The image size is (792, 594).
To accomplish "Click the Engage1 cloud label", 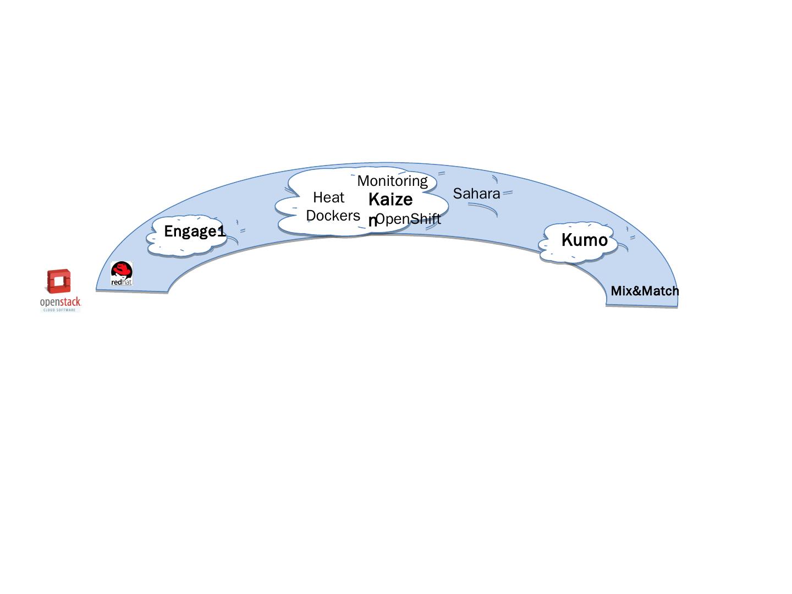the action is click(195, 232).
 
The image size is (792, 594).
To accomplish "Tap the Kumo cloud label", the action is click(584, 240).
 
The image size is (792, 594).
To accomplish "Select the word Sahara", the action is click(476, 194).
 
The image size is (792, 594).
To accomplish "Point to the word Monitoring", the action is click(392, 180).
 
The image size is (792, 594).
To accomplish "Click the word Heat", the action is click(328, 197).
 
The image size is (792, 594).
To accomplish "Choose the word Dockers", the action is click(333, 216).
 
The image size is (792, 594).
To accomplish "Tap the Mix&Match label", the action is click(645, 291).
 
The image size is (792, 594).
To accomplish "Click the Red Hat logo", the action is click(122, 273).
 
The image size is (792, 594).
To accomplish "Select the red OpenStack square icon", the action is click(59, 282).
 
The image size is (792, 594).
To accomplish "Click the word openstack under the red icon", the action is click(61, 302).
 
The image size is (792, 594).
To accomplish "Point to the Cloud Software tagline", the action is click(61, 310).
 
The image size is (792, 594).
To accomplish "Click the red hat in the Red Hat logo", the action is click(122, 269).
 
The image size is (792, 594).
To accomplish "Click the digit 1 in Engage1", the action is click(222, 232).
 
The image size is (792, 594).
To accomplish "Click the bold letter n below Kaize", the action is click(372, 221).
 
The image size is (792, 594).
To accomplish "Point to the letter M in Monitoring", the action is click(363, 180).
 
